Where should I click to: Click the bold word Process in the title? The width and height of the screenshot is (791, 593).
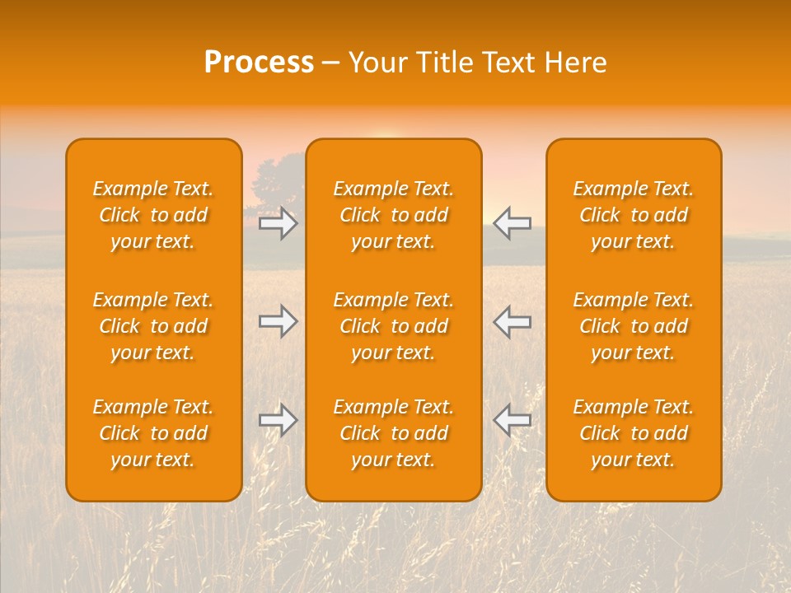coord(259,63)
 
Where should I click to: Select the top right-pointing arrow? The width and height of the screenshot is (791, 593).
coord(278,223)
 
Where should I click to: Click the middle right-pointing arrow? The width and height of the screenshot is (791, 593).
coord(278,321)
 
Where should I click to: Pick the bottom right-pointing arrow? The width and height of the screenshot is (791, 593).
coord(278,420)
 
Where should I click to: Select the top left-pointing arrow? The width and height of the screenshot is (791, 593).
coord(513,223)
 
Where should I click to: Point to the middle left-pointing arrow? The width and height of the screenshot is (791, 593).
coord(513,321)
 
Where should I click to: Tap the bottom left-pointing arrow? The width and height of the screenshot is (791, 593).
coord(513,420)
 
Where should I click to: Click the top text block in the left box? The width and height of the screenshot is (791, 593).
coord(153,215)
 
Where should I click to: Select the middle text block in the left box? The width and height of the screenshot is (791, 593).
coord(153,326)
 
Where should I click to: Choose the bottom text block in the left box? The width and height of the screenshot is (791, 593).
coord(153,433)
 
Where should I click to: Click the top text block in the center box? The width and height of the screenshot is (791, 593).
coord(394,215)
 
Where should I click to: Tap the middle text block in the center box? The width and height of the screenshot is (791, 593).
coord(394,326)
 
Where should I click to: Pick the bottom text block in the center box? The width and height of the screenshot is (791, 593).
coord(394,433)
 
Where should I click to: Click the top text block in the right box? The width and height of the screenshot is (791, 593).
coord(634,215)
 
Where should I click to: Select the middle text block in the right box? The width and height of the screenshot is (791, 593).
coord(634,326)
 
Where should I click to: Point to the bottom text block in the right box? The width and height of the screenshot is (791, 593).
coord(634,433)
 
